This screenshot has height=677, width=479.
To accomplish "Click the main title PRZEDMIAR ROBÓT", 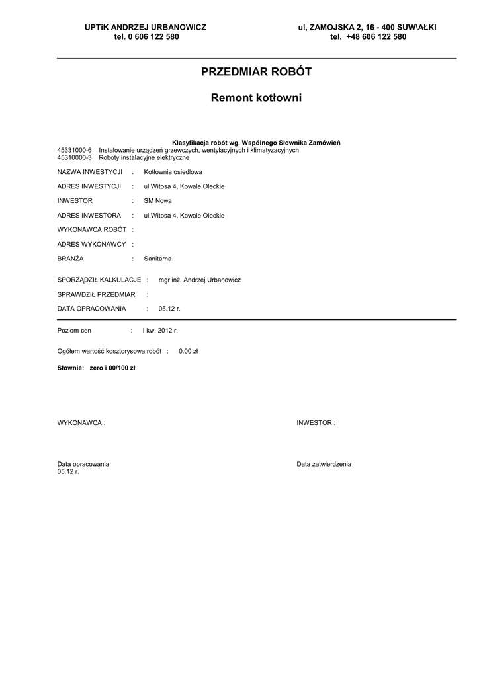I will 256,72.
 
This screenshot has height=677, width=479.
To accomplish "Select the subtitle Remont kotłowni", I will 256,98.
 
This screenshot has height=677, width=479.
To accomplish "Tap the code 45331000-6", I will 75,150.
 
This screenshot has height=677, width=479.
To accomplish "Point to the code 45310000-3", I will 75,157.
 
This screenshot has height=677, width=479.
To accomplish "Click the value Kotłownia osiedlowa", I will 169,172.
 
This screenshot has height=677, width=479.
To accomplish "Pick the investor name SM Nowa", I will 158,201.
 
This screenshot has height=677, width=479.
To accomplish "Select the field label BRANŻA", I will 71,259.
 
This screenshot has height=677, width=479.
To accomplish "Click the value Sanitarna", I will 157,259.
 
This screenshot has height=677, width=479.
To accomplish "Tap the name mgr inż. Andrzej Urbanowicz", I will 200,280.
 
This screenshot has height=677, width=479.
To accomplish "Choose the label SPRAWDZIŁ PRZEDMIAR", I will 97,294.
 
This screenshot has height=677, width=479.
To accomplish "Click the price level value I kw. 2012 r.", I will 160,330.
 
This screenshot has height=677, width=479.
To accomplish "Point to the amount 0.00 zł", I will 189,352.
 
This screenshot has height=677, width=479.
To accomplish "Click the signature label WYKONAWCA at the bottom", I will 81,422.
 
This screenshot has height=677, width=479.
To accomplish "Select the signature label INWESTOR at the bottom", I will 316,422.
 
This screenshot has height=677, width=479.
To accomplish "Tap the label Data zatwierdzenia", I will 324,464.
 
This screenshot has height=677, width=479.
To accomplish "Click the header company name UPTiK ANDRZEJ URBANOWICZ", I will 146,27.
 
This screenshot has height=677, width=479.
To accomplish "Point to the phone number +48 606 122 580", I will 376,37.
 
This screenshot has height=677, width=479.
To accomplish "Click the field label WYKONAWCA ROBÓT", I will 93,229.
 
